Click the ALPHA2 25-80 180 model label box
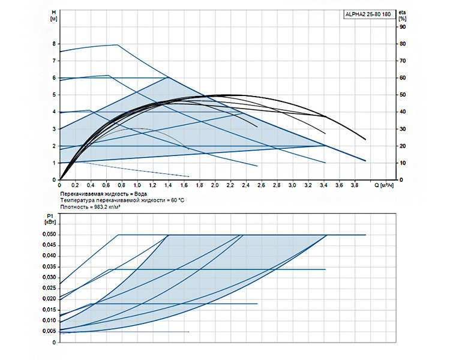point(370,14)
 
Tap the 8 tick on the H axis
point(54,44)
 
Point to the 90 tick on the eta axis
point(403,27)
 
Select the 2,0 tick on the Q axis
point(215,185)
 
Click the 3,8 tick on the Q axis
point(355,185)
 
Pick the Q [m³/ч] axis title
point(384,185)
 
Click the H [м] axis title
point(53,16)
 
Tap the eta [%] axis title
point(403,16)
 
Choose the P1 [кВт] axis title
point(50,219)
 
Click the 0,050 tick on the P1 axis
point(49,234)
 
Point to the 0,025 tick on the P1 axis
point(49,288)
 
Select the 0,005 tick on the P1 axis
point(49,331)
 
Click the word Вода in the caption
point(140,194)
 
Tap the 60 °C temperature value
point(178,200)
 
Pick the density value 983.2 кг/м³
point(107,207)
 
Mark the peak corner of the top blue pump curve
point(118,44)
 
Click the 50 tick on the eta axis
point(403,95)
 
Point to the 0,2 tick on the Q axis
point(75,185)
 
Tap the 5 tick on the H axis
point(54,95)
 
